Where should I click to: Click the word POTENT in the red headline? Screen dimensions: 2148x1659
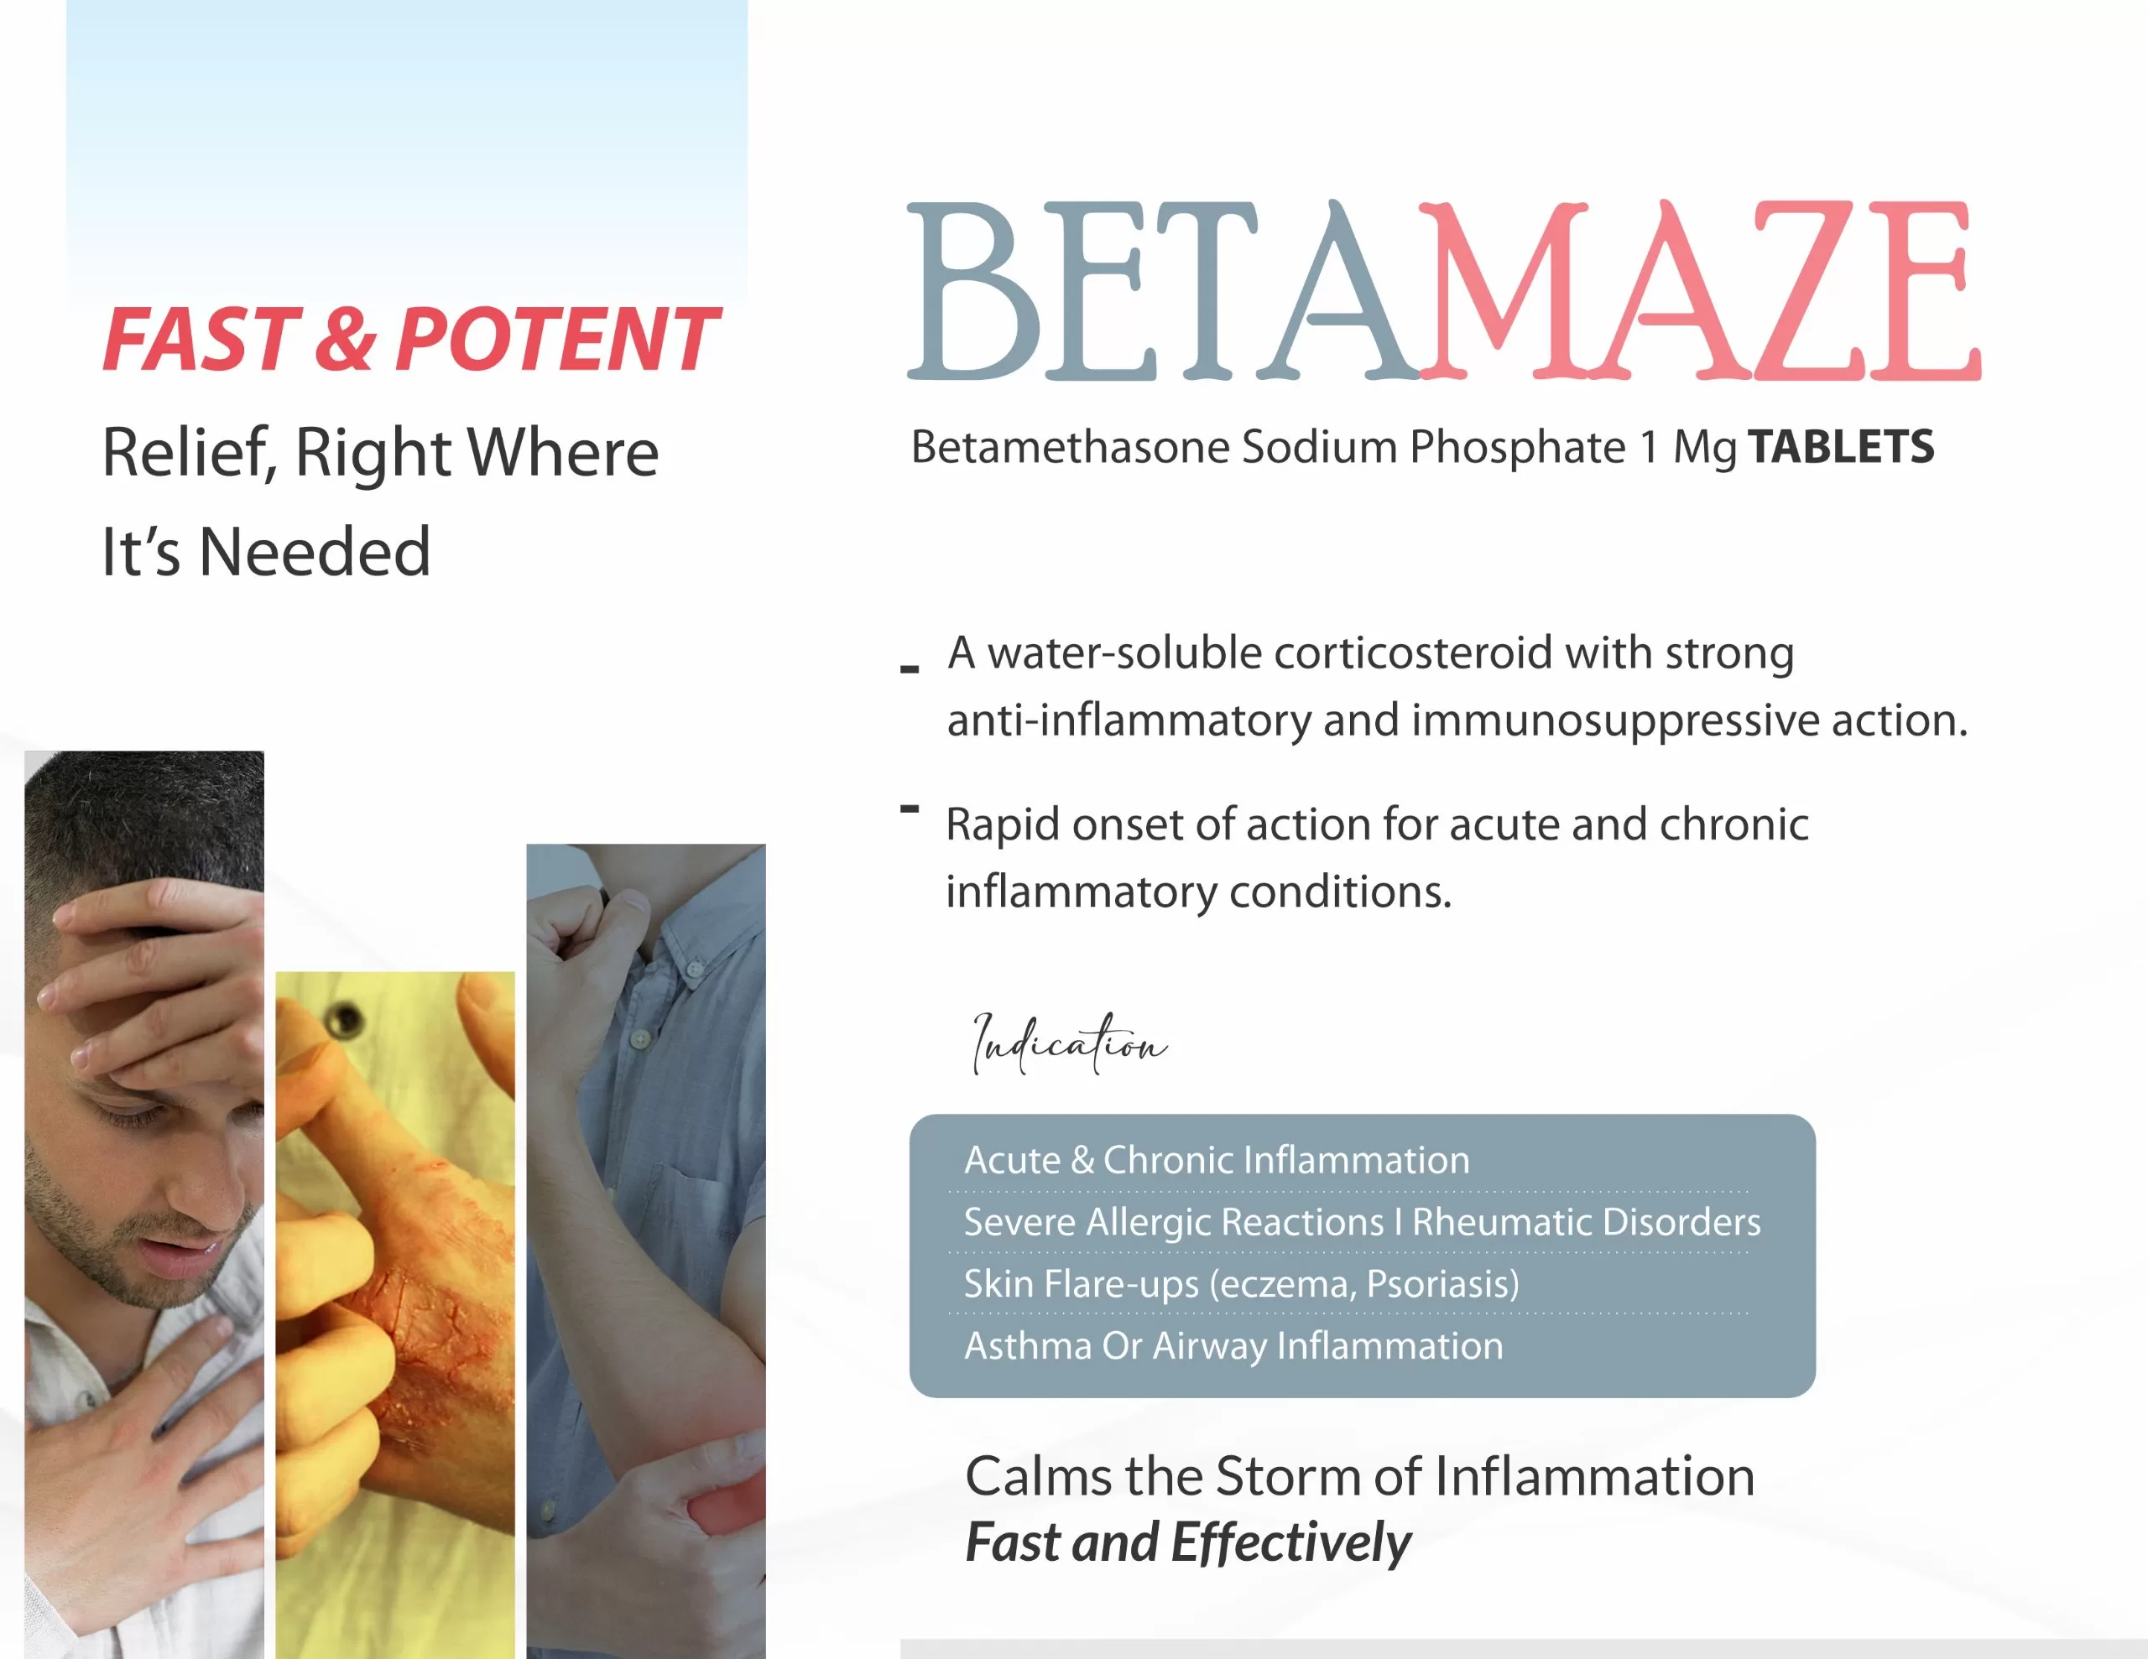[556, 340]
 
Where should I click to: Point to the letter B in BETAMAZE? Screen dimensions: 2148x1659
[973, 290]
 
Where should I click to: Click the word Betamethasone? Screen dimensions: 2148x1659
[1070, 446]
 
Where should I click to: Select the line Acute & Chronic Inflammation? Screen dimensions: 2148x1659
[1217, 1161]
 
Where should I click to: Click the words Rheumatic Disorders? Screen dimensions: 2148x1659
[1587, 1221]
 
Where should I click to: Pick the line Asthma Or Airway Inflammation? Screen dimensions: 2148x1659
[1233, 1345]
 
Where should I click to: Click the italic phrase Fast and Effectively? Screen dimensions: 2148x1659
[1188, 1542]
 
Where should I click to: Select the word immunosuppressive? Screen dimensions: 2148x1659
[1616, 720]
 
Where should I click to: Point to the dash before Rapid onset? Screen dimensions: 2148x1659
[910, 809]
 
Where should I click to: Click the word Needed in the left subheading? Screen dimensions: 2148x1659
[315, 552]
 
